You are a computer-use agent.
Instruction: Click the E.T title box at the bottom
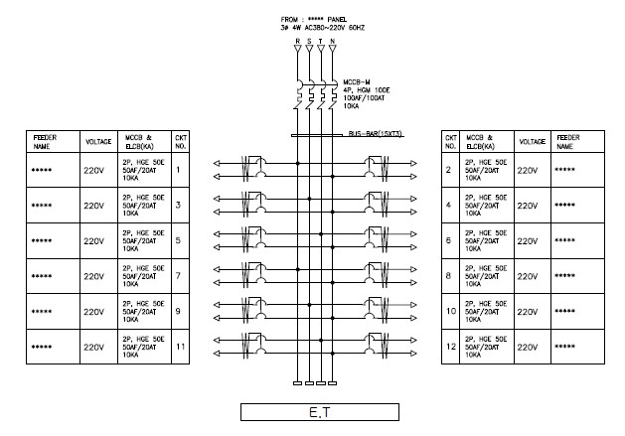click(319, 412)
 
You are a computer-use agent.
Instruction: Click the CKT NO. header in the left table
click(180, 140)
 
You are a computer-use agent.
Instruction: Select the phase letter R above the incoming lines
click(296, 42)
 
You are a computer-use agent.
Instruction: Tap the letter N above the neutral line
click(332, 42)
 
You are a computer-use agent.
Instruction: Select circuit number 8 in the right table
click(450, 276)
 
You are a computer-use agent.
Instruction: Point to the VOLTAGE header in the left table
click(97, 141)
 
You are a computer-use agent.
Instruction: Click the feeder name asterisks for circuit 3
click(42, 206)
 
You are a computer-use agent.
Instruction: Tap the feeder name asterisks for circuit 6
click(565, 240)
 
